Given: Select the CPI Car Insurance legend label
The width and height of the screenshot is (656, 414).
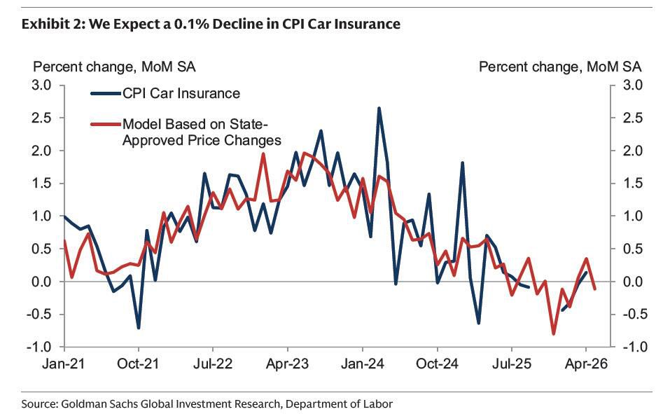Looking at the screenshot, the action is point(181,93).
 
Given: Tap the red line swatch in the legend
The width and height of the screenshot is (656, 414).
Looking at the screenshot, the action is point(106,124).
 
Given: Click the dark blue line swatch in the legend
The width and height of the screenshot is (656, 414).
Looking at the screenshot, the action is point(106,93).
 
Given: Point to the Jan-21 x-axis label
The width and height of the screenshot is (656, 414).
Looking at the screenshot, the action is point(64,364).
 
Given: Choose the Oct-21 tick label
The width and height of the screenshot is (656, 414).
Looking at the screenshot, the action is point(139,364).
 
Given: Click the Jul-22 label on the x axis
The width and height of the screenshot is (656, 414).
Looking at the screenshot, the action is point(213,364).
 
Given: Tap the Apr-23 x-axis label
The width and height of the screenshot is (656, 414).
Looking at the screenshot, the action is point(288,364).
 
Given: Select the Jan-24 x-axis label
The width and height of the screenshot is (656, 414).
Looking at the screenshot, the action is point(363,364).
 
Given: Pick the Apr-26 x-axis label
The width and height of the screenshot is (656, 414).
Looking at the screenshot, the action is point(586,364).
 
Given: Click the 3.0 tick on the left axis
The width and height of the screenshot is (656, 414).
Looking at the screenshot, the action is point(41,85).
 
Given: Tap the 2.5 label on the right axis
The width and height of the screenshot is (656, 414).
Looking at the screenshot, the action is point(632,118).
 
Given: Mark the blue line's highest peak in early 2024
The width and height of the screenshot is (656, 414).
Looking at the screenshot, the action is point(379,108).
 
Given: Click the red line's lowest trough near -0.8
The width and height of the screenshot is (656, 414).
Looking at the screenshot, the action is point(554,334).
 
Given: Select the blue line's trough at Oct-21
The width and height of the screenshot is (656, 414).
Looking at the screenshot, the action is point(139,328).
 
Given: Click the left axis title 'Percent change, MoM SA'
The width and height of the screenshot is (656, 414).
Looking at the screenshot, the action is point(114,67).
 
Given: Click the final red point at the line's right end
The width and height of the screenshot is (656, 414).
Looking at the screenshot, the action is point(594,289).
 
